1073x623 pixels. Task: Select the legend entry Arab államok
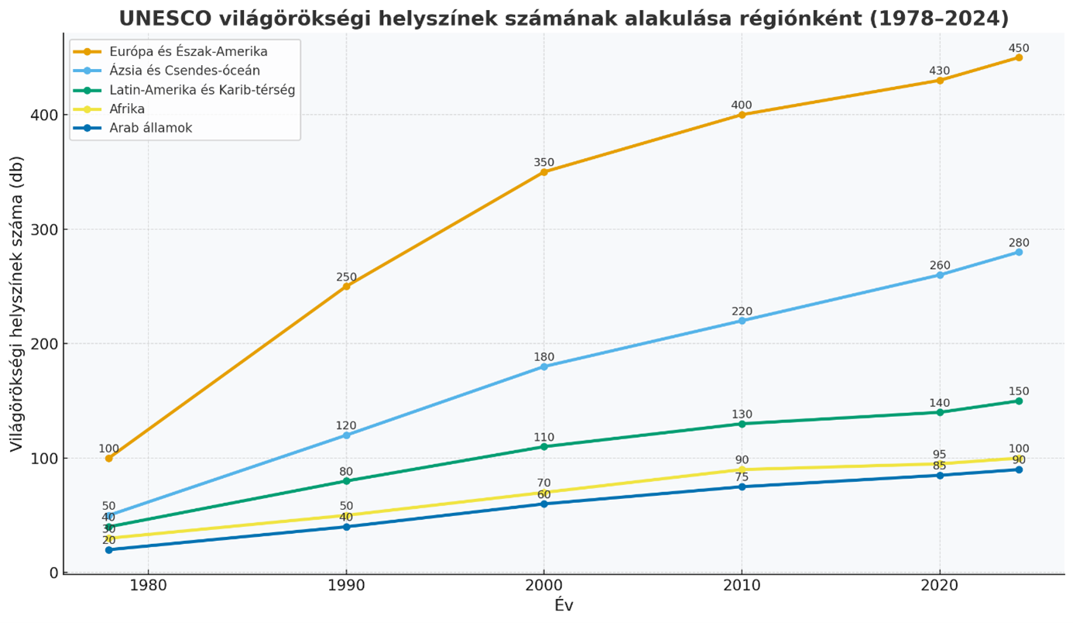click(x=151, y=128)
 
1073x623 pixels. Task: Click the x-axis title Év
click(x=564, y=605)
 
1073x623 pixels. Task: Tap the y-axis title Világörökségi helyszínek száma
click(x=17, y=304)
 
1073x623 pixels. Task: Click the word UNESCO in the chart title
click(x=163, y=18)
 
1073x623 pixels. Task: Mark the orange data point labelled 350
click(x=544, y=172)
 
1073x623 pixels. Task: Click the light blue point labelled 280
click(x=1019, y=252)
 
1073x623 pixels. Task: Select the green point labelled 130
click(x=742, y=424)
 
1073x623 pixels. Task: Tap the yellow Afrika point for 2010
click(x=742, y=470)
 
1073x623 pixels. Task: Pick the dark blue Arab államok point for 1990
click(x=346, y=527)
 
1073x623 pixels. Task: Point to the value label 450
click(x=1019, y=48)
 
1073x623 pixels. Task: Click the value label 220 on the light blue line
click(x=742, y=311)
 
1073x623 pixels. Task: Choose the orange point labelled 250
click(x=346, y=287)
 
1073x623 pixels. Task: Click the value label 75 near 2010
click(x=742, y=477)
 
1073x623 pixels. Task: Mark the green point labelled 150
click(x=1019, y=401)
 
